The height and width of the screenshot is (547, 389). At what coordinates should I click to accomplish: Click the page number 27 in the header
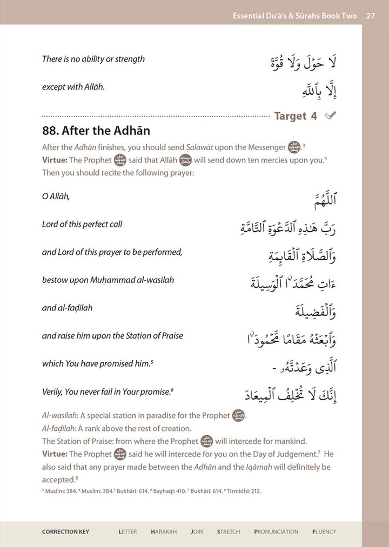tap(371, 16)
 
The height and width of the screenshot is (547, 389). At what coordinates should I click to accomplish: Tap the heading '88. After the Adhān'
tap(96, 131)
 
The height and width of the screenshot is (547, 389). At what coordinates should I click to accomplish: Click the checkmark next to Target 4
tap(331, 116)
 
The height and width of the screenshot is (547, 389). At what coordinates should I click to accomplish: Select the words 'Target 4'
tap(296, 116)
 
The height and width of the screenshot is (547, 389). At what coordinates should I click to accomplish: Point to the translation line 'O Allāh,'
tap(56, 197)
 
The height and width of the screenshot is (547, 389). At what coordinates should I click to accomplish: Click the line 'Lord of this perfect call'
tap(82, 224)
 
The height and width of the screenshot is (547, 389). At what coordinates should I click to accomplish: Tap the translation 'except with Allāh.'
tap(73, 87)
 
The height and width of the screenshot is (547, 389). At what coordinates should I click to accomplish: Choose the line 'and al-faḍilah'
tap(67, 308)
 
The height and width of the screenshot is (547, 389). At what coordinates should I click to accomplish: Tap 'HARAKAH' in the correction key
tap(164, 532)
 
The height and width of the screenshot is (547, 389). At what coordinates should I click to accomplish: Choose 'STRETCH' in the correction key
tap(229, 532)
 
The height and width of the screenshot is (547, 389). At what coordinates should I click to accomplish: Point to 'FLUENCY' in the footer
tap(324, 532)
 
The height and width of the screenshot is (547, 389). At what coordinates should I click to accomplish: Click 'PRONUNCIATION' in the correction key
tap(276, 532)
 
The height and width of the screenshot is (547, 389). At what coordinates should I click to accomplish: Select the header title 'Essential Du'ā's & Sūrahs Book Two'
tap(294, 16)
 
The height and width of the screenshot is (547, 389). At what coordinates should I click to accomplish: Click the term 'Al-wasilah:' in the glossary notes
tap(61, 416)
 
